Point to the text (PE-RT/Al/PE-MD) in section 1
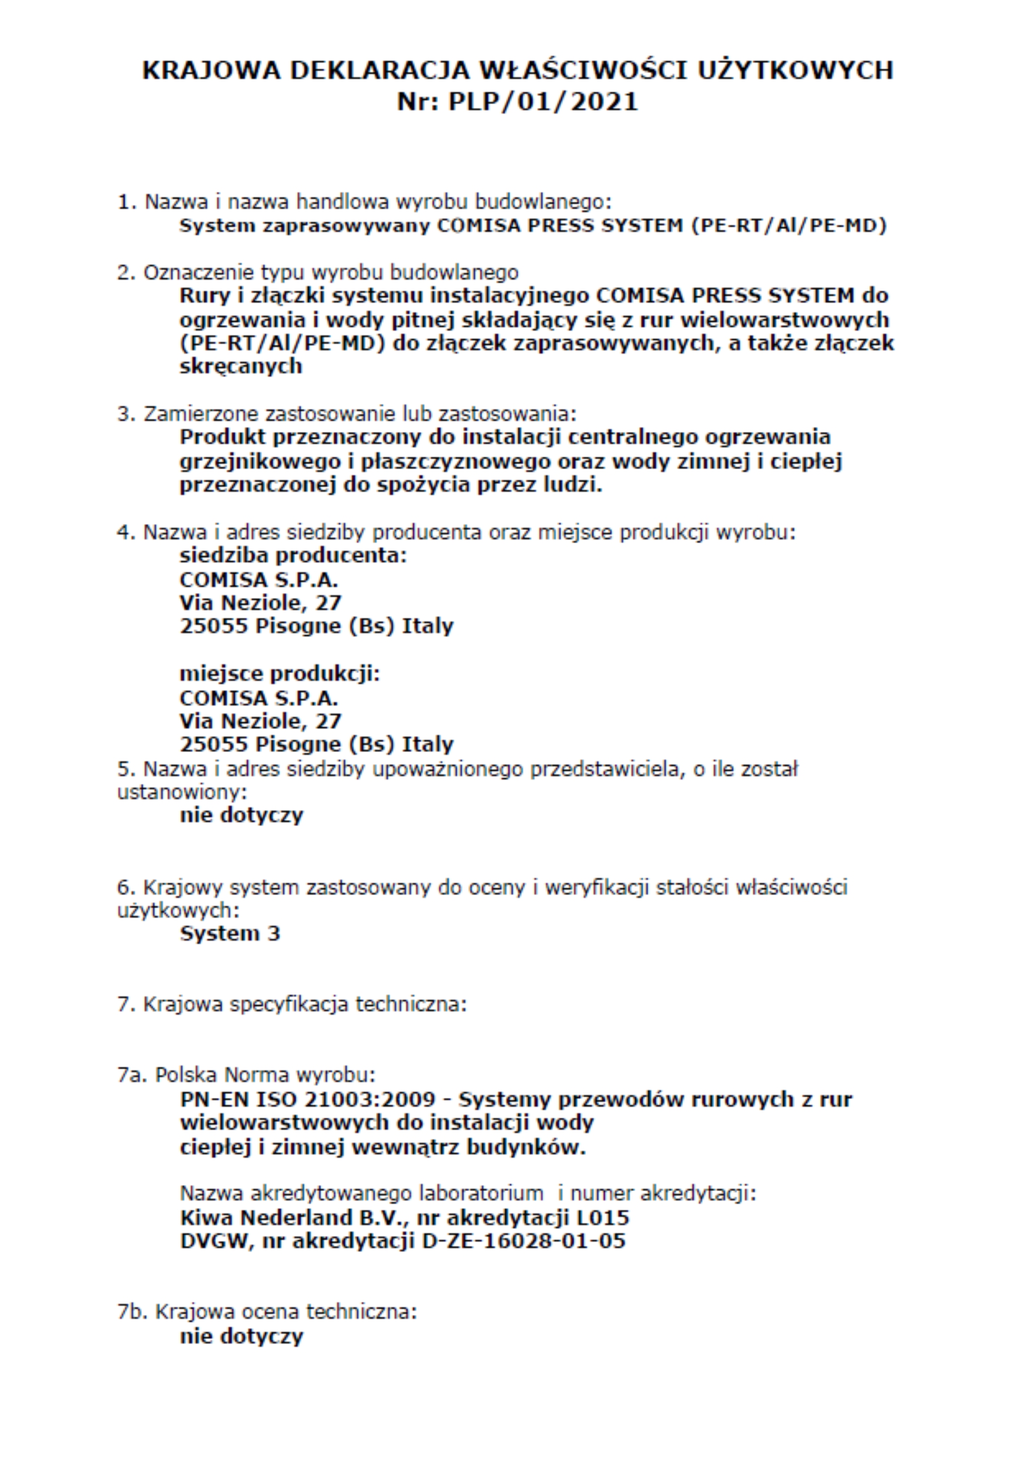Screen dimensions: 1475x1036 click(789, 226)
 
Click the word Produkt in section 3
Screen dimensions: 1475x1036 click(222, 437)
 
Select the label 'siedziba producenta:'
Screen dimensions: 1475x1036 click(293, 555)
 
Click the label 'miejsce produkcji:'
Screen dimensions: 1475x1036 click(279, 674)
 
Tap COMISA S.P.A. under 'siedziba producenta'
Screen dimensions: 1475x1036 click(258, 579)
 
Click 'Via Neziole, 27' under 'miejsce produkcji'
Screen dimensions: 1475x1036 click(260, 721)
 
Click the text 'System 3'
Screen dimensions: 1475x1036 click(230, 933)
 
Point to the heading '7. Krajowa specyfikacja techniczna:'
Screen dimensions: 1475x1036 click(291, 1004)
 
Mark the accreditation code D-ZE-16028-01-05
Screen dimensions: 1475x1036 click(524, 1241)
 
